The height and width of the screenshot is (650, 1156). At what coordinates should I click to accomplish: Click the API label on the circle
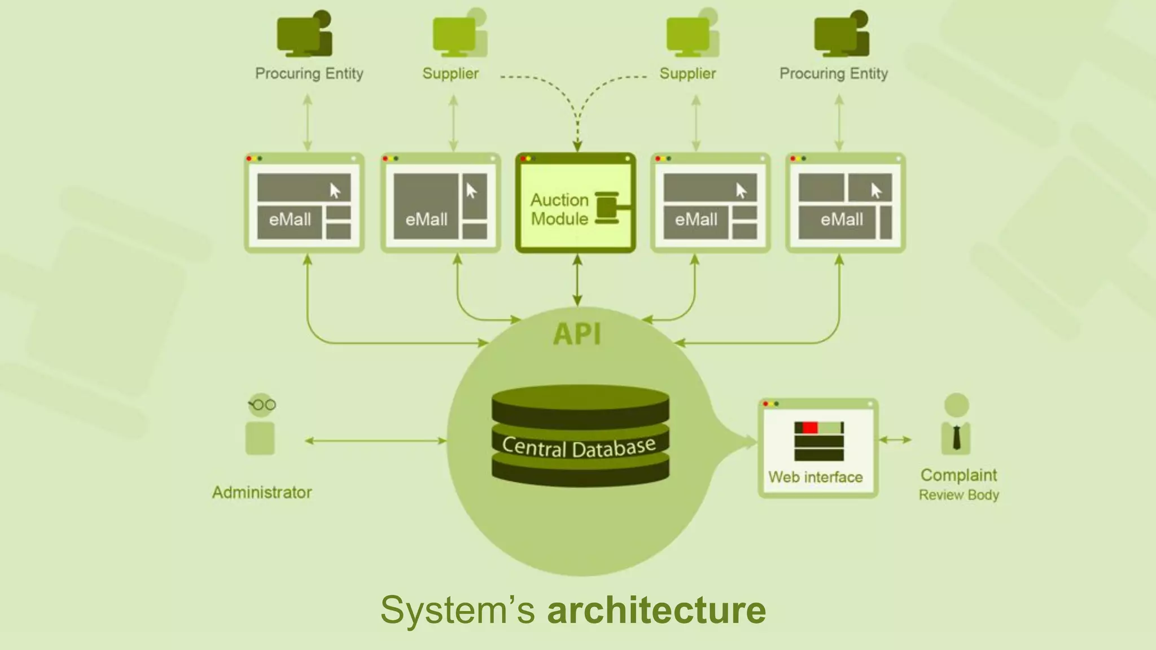(x=577, y=333)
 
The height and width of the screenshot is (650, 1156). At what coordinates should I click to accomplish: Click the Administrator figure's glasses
(x=262, y=405)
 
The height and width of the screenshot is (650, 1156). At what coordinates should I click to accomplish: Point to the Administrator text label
(x=262, y=492)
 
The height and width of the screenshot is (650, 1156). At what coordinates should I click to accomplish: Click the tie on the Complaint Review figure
(x=956, y=437)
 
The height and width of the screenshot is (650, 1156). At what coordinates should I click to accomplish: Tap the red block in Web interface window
(x=810, y=428)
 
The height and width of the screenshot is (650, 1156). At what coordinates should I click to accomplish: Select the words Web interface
(x=815, y=477)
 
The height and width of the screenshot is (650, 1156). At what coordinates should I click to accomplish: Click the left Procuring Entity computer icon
(x=304, y=35)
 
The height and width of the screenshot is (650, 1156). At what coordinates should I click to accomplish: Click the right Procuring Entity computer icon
(x=841, y=35)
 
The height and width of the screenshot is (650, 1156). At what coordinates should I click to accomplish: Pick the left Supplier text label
(x=450, y=73)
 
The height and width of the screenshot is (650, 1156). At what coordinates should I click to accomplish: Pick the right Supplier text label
(x=688, y=73)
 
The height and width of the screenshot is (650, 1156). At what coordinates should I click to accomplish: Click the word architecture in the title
(x=656, y=610)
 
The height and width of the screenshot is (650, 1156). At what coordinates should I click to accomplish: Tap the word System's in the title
(x=457, y=610)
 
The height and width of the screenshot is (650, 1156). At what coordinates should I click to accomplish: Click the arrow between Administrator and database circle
(x=375, y=441)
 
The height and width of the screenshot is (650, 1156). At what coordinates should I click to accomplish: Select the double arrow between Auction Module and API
(x=577, y=280)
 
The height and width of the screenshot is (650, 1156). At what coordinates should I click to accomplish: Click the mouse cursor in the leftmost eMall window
(x=335, y=191)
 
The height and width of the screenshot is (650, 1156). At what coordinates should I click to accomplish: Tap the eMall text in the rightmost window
(x=842, y=219)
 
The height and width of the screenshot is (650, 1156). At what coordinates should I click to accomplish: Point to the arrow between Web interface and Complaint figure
(x=895, y=440)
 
